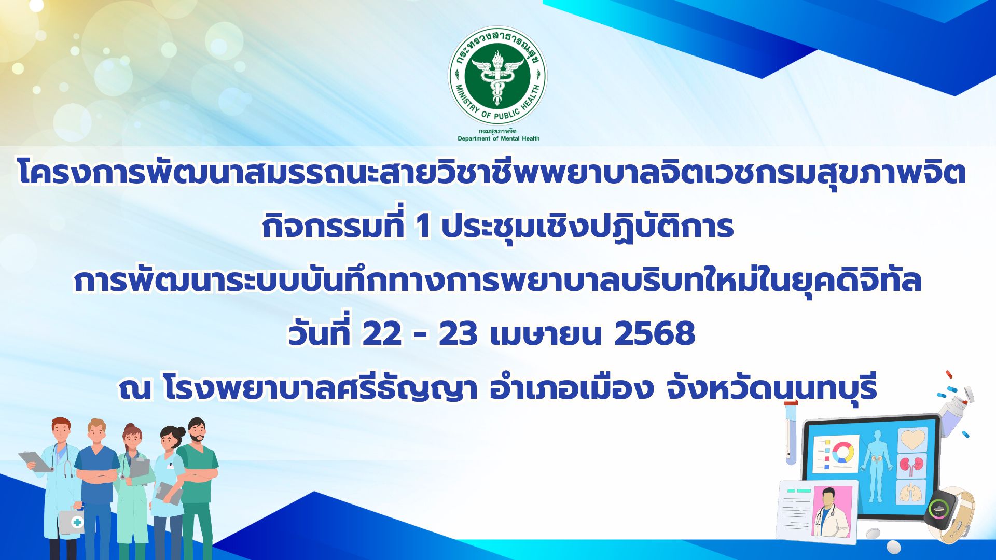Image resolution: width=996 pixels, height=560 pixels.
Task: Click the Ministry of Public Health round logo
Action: (497, 76)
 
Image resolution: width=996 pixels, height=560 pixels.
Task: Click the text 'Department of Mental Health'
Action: (499, 138)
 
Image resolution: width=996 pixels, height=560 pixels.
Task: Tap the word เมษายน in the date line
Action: (545, 334)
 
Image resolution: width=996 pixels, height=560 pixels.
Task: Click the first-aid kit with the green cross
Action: (71, 521)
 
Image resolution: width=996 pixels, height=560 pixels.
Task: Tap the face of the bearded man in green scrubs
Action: (198, 433)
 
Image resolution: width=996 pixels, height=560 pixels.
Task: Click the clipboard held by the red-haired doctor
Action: (35, 461)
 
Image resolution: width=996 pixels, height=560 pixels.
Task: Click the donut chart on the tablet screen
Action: (843, 453)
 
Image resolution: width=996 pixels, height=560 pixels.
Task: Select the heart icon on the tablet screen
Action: (913, 440)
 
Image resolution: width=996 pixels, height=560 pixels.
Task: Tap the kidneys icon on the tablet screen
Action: (912, 465)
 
